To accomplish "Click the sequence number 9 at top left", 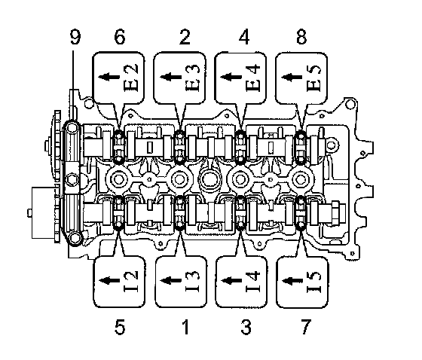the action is tap(75, 37).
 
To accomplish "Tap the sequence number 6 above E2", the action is tap(120, 37).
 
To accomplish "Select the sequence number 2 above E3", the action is tap(185, 37).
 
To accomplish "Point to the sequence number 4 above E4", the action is tap(244, 37).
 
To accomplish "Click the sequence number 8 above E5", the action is tap(301, 37).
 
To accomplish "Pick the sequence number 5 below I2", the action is tap(120, 327).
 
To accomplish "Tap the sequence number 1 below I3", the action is tap(185, 327).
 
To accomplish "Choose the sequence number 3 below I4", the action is tap(246, 327).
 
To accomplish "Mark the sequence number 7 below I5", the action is tap(306, 327).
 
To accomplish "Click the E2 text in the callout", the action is tap(131, 78).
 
